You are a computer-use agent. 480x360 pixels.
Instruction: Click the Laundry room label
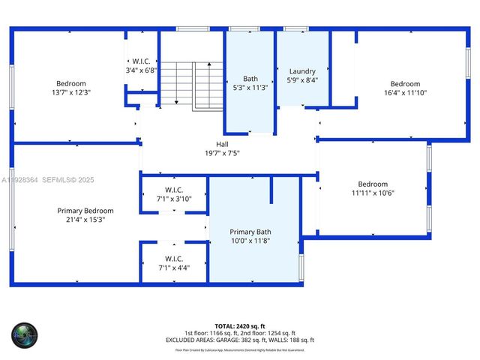(x=302, y=71)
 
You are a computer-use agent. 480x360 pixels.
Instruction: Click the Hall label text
(x=223, y=144)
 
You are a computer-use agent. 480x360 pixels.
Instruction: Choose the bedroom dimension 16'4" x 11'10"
(x=404, y=93)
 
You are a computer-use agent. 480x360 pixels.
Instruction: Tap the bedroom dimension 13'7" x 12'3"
(x=71, y=93)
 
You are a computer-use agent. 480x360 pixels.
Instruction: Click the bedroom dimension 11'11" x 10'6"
(x=372, y=193)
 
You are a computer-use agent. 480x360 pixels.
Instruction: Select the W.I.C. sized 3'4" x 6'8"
(x=141, y=65)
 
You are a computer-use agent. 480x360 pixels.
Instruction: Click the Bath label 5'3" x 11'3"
(x=250, y=82)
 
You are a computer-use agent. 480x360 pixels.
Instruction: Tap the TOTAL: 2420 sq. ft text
(x=240, y=325)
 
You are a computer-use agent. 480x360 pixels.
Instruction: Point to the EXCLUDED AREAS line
(x=240, y=340)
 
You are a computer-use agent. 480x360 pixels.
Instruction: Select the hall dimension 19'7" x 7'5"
(x=223, y=153)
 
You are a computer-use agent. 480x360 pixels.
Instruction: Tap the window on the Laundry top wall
(x=295, y=29)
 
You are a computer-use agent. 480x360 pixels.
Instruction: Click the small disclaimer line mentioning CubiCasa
(x=240, y=349)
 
